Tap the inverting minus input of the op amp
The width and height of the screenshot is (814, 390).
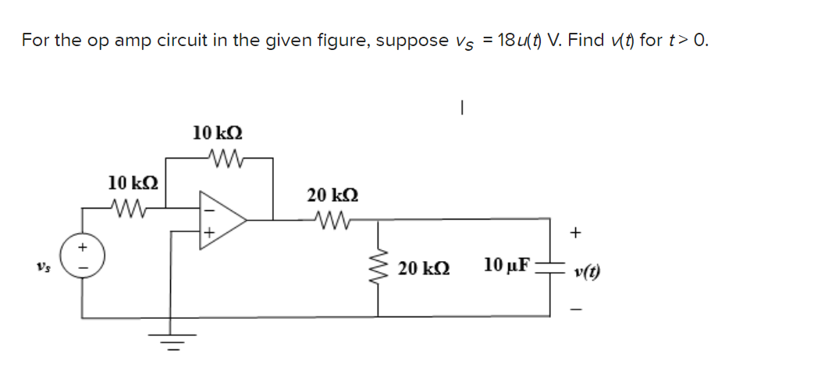point(208,209)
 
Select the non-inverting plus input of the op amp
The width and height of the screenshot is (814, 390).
point(208,232)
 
